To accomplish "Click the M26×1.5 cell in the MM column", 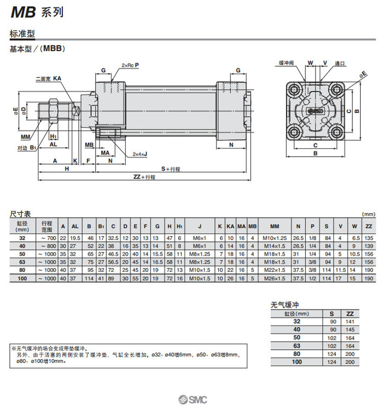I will [274, 279].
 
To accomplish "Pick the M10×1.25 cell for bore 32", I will [274, 238].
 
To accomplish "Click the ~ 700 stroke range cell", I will [46, 238].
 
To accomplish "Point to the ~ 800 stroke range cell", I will [46, 246].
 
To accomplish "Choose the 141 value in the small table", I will [349, 321].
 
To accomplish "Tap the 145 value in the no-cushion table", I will [349, 329].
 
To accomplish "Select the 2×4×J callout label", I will [140, 154].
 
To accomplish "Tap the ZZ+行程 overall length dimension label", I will [144, 176].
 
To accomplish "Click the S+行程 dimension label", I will [171, 169].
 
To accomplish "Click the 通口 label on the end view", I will [340, 63].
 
